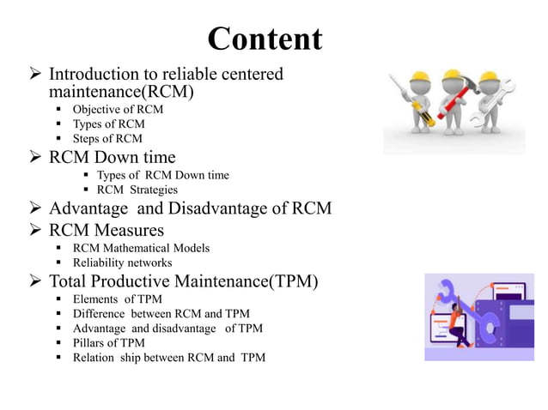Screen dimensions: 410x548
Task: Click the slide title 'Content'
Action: (265, 39)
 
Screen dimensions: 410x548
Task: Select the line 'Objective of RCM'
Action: (118, 109)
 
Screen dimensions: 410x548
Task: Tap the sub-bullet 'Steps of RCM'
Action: (107, 138)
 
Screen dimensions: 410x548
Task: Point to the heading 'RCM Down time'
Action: (112, 157)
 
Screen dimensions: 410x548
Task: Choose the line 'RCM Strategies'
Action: (137, 190)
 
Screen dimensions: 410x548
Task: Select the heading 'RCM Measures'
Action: (107, 229)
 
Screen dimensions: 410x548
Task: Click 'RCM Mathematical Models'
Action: (141, 248)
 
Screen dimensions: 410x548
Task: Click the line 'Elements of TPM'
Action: (116, 299)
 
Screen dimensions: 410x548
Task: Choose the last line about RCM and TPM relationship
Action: (168, 357)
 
